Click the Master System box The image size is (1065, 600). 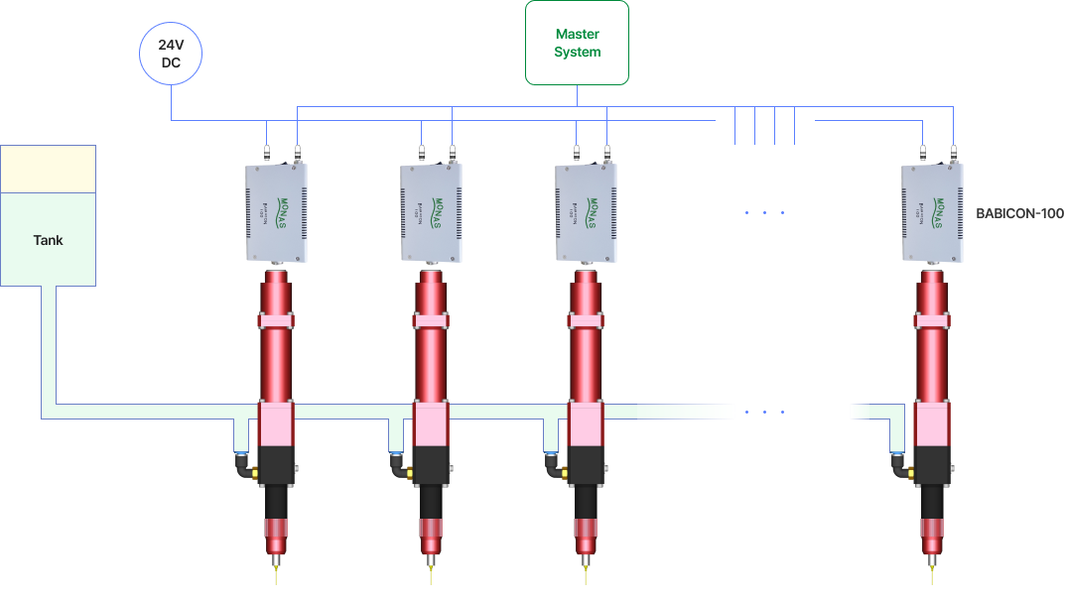[x=577, y=43]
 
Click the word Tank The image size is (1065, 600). [x=48, y=240]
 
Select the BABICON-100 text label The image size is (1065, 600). [x=1019, y=213]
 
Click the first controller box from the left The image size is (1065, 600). [x=276, y=212]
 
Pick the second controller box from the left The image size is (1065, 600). [x=432, y=213]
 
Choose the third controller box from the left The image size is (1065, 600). [x=586, y=212]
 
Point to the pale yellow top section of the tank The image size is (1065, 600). [x=48, y=169]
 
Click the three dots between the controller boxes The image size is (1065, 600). [x=764, y=212]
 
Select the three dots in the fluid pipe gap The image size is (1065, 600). [x=764, y=412]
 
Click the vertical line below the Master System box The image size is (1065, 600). [x=577, y=95]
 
